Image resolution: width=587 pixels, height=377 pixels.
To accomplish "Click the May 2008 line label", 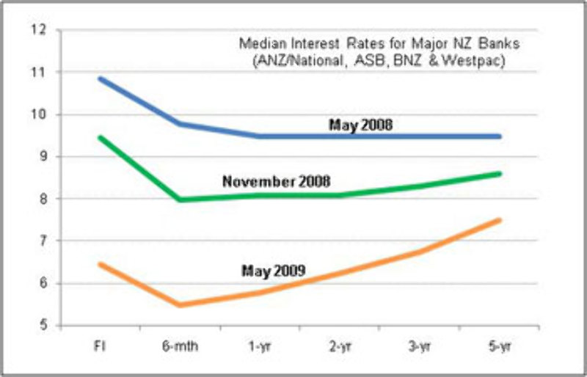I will (x=360, y=125).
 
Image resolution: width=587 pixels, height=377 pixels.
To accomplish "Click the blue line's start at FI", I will (x=100, y=78).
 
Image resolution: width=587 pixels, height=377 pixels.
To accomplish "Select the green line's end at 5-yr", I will (x=500, y=174).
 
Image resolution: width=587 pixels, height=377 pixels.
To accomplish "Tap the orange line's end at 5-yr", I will (x=500, y=220).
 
